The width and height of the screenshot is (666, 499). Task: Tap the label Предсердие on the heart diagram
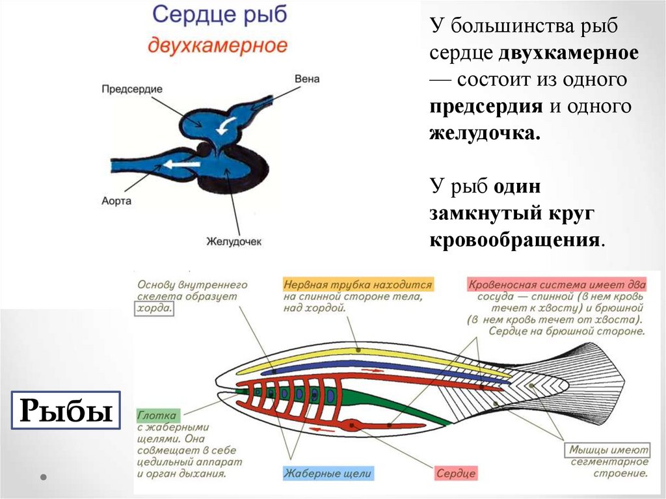pyautogui.click(x=131, y=88)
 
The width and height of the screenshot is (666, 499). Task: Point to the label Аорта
pyautogui.click(x=116, y=200)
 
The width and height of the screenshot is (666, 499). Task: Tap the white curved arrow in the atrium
pyautogui.click(x=224, y=126)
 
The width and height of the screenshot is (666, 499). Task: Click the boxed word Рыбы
pyautogui.click(x=64, y=411)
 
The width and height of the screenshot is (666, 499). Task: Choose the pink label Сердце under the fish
pyautogui.click(x=455, y=474)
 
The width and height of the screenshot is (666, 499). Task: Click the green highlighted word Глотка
pyautogui.click(x=157, y=414)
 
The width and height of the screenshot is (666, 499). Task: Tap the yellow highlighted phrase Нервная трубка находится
pyautogui.click(x=358, y=285)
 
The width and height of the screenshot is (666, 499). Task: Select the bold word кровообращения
pyautogui.click(x=513, y=240)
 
